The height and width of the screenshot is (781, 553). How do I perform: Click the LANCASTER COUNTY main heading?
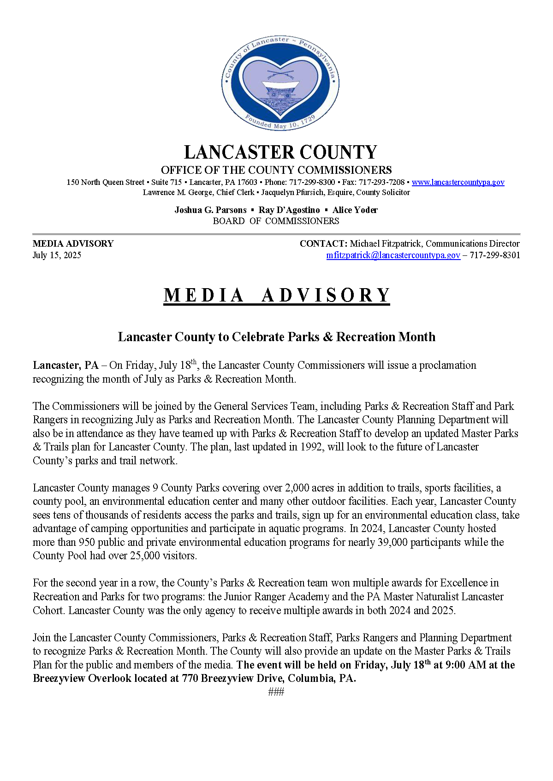pos(280,153)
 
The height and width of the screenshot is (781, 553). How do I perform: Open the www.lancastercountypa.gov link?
pos(458,182)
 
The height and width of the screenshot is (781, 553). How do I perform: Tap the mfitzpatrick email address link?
pos(393,255)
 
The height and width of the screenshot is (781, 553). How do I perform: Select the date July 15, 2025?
pos(57,255)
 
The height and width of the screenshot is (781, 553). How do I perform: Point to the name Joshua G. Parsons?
pos(210,210)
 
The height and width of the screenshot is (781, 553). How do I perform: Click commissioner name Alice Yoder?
pos(355,210)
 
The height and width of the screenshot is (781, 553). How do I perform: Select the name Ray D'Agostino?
pos(289,210)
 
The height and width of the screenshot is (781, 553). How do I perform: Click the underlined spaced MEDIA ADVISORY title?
pos(277,296)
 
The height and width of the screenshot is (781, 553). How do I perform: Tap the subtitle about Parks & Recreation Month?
pos(276,337)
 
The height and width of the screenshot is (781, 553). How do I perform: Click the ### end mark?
pos(276,692)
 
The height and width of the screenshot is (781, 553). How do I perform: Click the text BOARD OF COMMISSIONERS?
pos(276,221)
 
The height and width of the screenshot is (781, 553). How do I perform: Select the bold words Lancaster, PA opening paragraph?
pos(65,366)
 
